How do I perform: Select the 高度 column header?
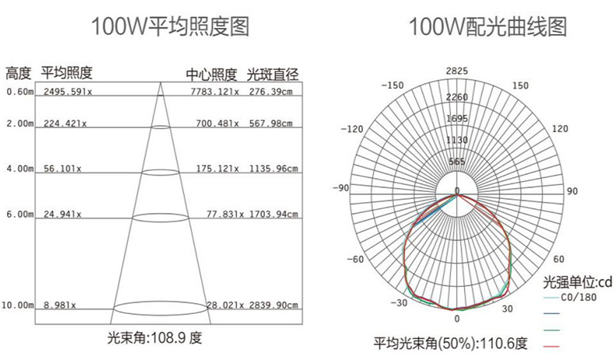click(x=19, y=74)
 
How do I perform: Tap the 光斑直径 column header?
click(x=273, y=75)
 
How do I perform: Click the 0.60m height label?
click(x=19, y=92)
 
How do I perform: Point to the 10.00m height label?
click(x=17, y=305)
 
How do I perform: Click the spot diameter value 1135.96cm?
click(x=271, y=169)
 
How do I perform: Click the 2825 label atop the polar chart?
click(x=457, y=72)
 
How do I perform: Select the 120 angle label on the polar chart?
click(x=559, y=128)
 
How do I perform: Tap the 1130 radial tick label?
click(x=457, y=140)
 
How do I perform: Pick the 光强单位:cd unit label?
click(x=577, y=281)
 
